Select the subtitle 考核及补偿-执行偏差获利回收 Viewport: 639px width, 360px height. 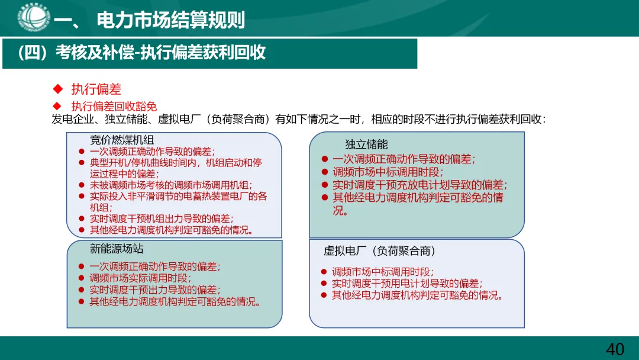point(141,53)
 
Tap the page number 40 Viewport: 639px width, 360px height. point(615,349)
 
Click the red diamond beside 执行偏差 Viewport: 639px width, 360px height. point(58,89)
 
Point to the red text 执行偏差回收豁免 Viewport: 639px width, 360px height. point(114,107)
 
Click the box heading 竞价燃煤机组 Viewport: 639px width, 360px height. point(122,140)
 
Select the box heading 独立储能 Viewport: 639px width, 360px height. point(366,144)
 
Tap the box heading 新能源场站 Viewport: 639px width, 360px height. point(117,249)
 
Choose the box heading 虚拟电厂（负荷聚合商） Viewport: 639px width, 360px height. point(379,251)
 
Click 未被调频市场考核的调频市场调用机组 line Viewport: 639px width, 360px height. point(171,185)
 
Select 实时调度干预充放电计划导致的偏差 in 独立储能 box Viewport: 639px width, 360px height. point(419,185)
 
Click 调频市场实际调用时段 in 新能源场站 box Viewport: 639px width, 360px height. point(140,278)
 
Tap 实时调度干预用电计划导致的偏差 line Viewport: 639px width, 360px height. point(406,284)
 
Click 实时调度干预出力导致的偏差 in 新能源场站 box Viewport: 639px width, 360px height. point(154,290)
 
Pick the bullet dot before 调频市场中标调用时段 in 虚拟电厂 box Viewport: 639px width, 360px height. point(324,272)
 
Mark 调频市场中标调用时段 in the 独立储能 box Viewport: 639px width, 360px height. point(387,172)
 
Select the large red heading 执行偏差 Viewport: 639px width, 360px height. point(96,89)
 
